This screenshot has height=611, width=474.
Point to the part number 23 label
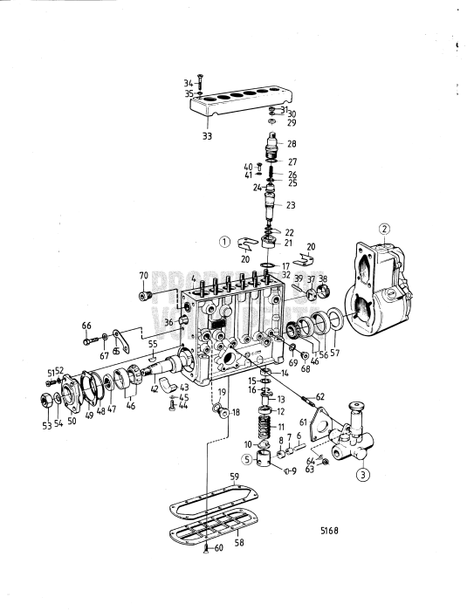coord(291,205)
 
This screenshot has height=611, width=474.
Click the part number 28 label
coord(291,143)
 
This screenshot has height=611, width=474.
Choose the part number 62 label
coord(319,397)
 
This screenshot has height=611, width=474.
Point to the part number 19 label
coord(223,393)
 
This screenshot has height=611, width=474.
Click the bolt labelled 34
coord(200,83)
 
